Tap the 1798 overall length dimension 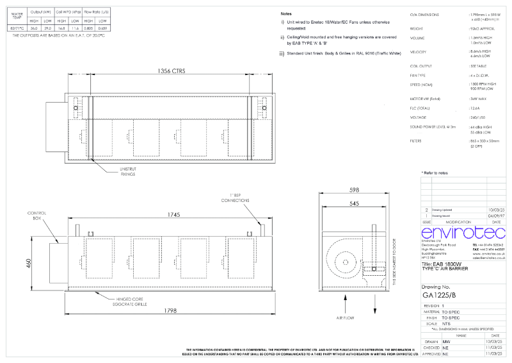click(x=169, y=310)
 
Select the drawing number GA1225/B click(x=439, y=296)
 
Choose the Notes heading click(x=286, y=13)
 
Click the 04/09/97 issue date click(x=496, y=215)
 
